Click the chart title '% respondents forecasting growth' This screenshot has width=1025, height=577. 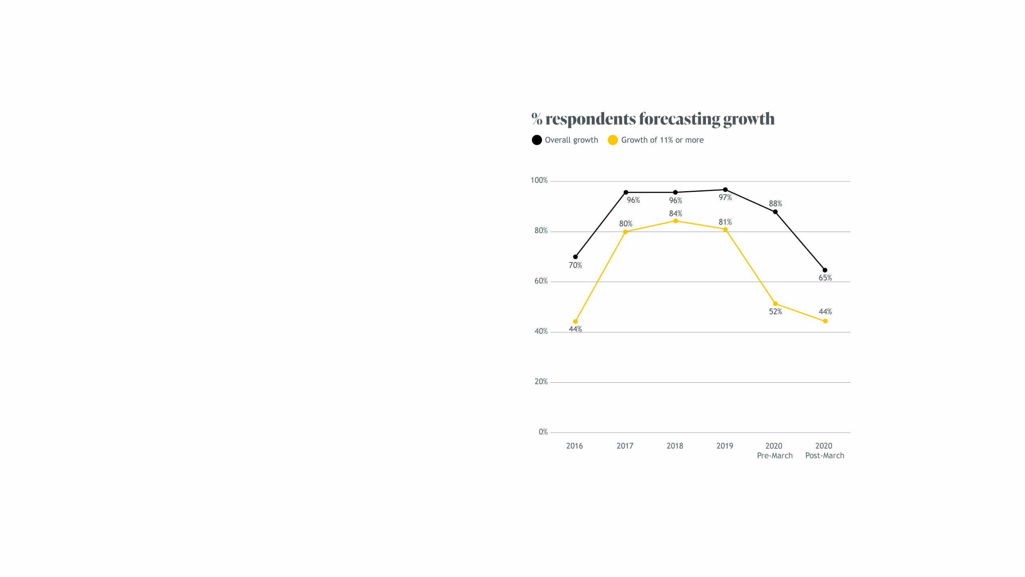[x=653, y=119]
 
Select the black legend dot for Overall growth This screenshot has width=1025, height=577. [x=537, y=140]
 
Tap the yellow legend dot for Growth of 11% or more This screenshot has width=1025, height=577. [x=613, y=140]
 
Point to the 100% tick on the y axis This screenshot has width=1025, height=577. [x=539, y=180]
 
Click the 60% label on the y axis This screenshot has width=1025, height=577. [x=541, y=281]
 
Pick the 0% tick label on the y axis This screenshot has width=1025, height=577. [x=543, y=432]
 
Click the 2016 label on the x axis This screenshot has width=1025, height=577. [x=575, y=446]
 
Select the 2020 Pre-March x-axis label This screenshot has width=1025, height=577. [x=775, y=451]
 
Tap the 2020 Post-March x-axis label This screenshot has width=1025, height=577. [x=824, y=451]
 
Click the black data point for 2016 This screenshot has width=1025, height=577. [x=575, y=257]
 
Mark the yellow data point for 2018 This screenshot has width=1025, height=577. [x=675, y=221]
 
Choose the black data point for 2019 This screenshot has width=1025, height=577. [x=725, y=190]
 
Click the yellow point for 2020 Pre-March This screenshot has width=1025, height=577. [x=775, y=304]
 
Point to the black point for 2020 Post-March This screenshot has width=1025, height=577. [x=825, y=270]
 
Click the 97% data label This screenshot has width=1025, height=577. [x=725, y=198]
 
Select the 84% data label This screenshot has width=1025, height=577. [x=675, y=214]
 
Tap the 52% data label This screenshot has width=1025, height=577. [x=775, y=312]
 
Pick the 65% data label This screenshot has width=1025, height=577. [x=825, y=278]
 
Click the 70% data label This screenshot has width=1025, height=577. [x=575, y=265]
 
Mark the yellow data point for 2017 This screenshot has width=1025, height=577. [x=625, y=232]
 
